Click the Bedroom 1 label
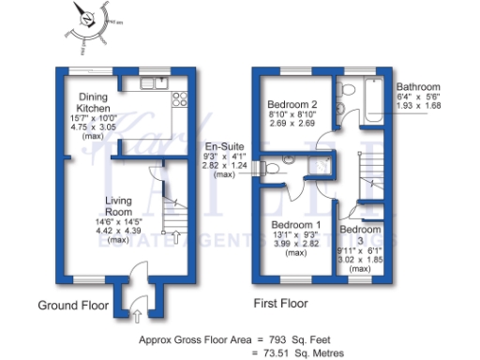pos(296,226)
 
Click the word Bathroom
pos(418,84)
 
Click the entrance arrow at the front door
pos(136,301)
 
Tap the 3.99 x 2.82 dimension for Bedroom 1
pos(296,246)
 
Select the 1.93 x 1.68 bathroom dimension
pos(418,105)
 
